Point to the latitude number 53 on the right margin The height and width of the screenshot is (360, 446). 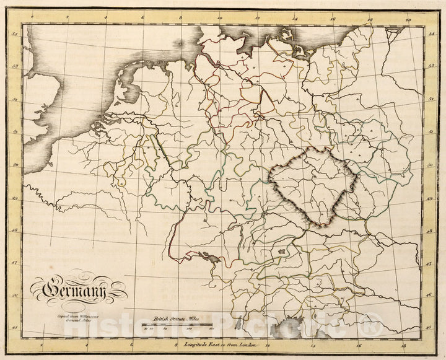[429, 66]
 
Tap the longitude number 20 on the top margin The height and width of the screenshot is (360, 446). [408, 20]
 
